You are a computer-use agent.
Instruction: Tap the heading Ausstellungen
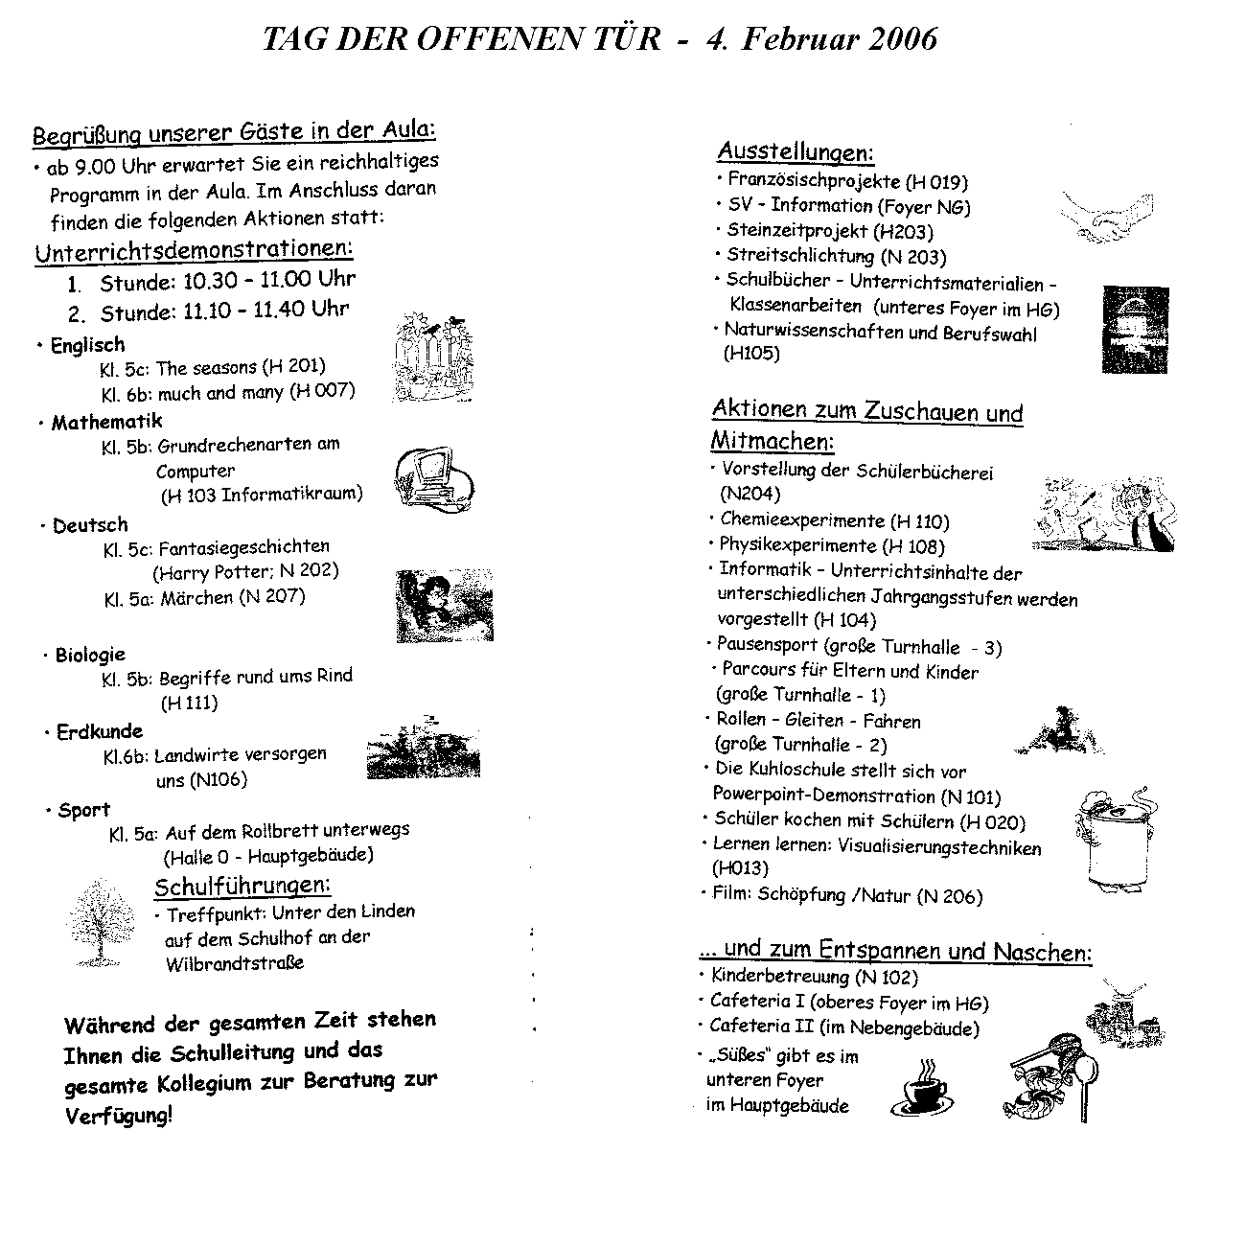[x=795, y=151]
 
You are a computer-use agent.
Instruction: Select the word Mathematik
[x=107, y=422]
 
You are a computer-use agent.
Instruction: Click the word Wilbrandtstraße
[x=234, y=963]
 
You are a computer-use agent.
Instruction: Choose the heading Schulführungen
[x=242, y=884]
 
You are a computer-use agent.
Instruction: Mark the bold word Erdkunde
[x=100, y=732]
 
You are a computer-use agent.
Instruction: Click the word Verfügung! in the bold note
[x=119, y=1116]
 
